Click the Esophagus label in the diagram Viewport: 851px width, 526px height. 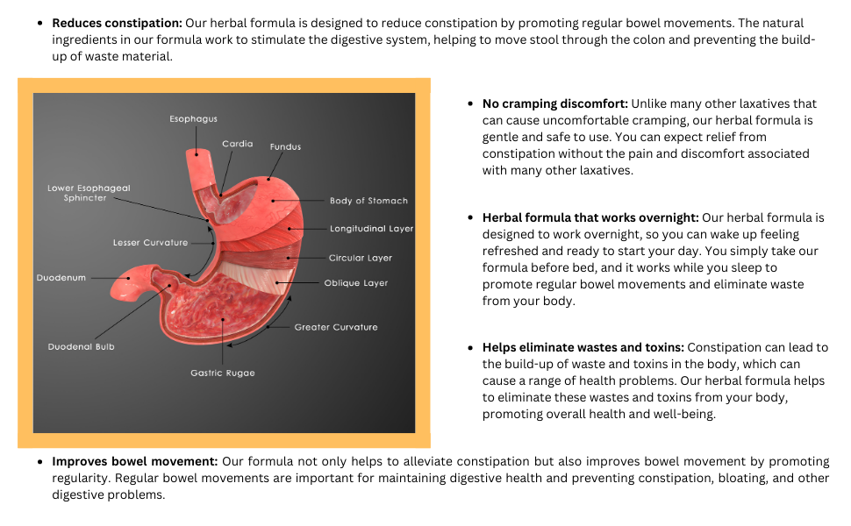click(x=193, y=118)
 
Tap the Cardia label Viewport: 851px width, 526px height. click(x=237, y=144)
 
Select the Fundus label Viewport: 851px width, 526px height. click(x=285, y=146)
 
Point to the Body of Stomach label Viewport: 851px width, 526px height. click(x=368, y=201)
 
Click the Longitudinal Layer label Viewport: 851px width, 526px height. click(x=371, y=229)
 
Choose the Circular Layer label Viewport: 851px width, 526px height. click(x=361, y=258)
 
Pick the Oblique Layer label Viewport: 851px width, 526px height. click(x=355, y=283)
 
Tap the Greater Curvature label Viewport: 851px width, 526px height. click(x=336, y=327)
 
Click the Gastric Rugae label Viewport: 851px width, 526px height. click(x=223, y=373)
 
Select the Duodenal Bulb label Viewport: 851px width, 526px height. click(x=81, y=346)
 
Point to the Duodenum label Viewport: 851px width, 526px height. click(x=61, y=278)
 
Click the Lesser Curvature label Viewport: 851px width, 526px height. click(x=150, y=242)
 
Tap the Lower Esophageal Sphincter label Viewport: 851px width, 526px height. click(x=89, y=193)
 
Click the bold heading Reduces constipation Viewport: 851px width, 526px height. click(x=117, y=23)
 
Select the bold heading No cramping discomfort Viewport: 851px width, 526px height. click(x=554, y=103)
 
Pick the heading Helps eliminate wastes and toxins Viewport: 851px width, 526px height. click(x=590, y=348)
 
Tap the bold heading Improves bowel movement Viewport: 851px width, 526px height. click(x=134, y=461)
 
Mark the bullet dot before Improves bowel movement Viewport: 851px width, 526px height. click(x=40, y=461)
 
